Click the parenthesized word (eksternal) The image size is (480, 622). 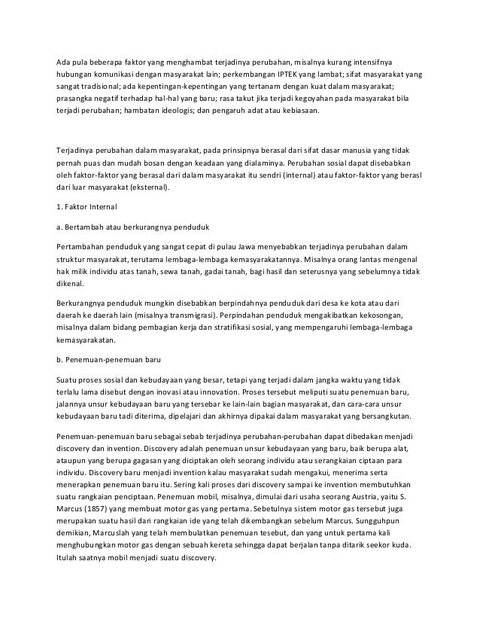tap(146, 189)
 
